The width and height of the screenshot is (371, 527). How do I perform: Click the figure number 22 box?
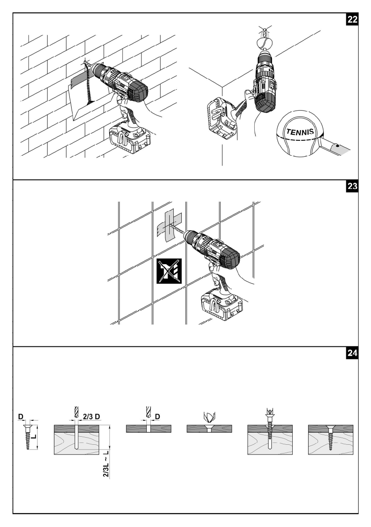click(352, 19)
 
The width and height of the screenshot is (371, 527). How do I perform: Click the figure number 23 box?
click(352, 186)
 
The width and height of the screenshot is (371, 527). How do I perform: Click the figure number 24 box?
click(352, 353)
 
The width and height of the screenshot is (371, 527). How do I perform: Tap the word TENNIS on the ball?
click(300, 131)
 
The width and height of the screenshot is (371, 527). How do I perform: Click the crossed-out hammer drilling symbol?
click(169, 271)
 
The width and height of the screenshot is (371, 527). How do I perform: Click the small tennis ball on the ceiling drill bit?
click(265, 43)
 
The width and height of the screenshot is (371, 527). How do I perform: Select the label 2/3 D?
click(92, 417)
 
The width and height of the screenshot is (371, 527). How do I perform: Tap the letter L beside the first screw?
click(34, 437)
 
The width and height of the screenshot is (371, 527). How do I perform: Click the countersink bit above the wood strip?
click(209, 417)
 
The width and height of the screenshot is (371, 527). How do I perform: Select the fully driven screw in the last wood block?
click(331, 437)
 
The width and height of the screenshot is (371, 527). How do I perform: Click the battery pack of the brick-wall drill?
click(130, 138)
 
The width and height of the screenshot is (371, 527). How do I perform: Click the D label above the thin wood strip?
click(157, 417)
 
